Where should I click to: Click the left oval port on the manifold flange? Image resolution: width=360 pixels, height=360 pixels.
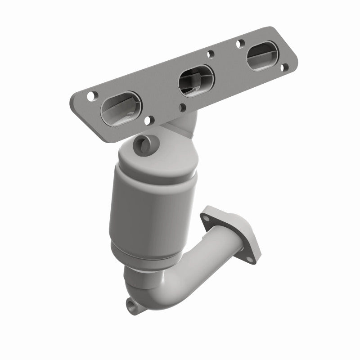tap(121, 108)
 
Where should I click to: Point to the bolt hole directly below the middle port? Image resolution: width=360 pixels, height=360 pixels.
tap(183, 107)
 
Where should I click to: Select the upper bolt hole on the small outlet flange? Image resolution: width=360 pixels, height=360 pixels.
tap(207, 219)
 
